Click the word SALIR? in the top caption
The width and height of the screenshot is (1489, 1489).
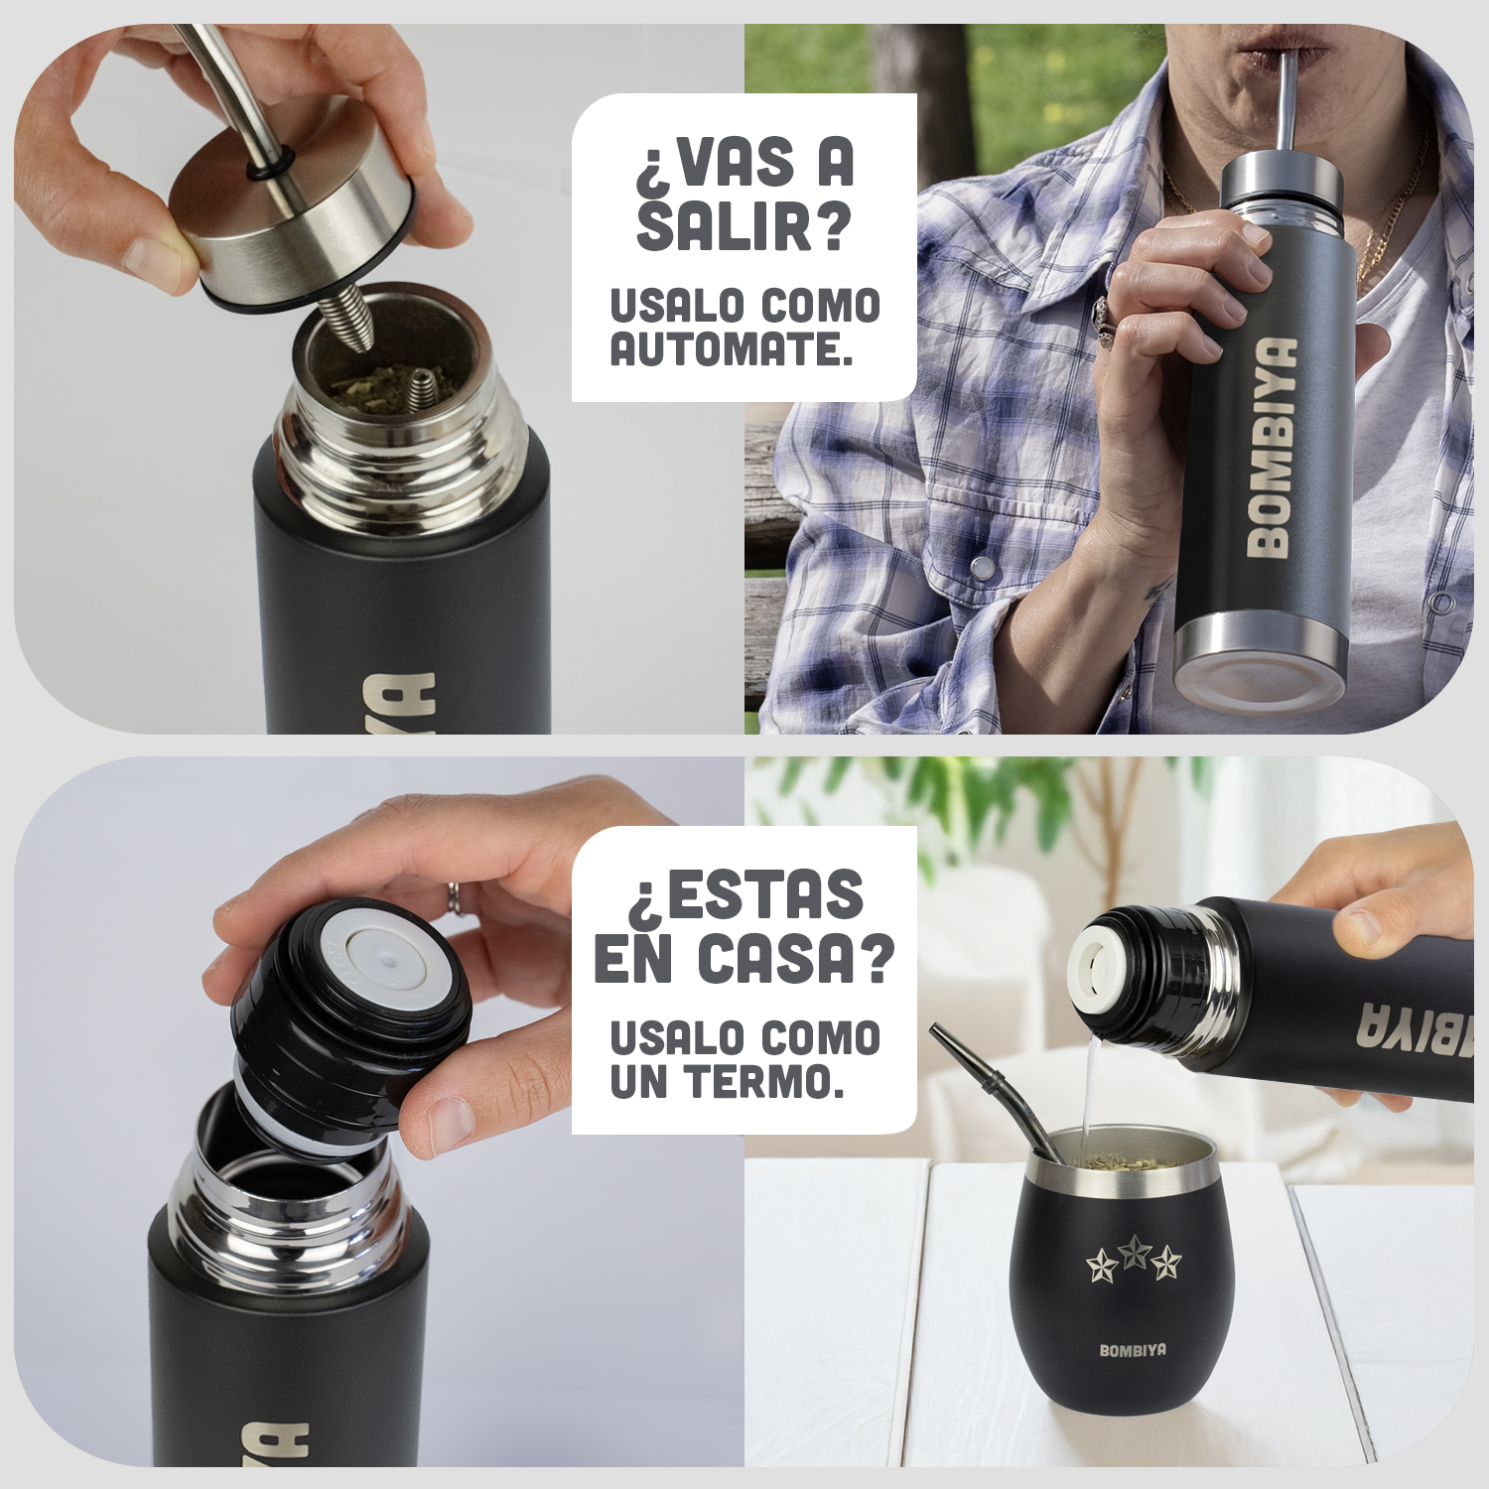pos(744,225)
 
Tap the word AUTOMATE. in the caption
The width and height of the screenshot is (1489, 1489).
pos(732,348)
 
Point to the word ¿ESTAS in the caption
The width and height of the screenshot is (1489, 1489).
pos(744,894)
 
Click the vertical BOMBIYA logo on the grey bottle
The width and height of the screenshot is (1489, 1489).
pos(1272,446)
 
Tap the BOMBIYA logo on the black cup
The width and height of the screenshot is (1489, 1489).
pos(1133,1350)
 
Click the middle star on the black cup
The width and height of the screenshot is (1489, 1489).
pos(1134,1253)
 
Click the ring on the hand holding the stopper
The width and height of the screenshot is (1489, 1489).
pos(454,896)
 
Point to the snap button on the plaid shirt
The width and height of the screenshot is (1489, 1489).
pos(982,568)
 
